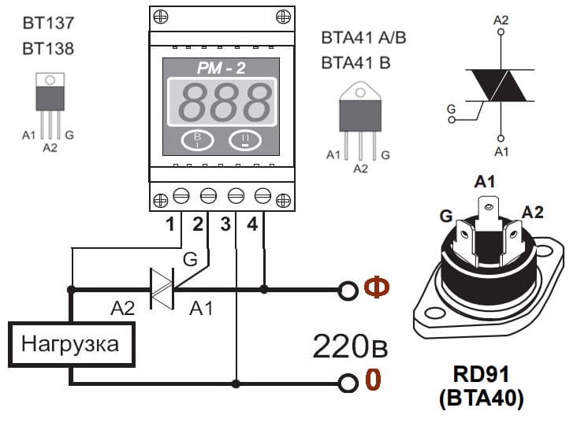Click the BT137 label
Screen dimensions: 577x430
(48, 23)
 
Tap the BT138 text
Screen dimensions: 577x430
(48, 49)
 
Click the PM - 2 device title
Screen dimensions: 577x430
(221, 68)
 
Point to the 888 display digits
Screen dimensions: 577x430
(225, 102)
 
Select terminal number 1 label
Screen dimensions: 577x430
(169, 224)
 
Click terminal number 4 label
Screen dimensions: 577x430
(252, 224)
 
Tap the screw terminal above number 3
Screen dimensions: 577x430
(236, 195)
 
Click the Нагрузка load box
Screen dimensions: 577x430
(72, 344)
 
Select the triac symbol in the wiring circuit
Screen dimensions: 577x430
(162, 289)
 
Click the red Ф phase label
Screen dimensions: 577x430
(377, 287)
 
